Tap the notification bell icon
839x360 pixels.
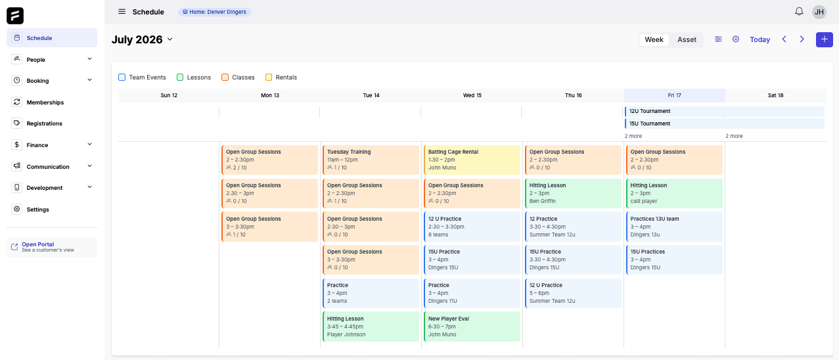click(799, 12)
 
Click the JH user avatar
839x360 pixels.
click(819, 12)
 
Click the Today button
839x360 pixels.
click(760, 39)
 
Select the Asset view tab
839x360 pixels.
click(687, 39)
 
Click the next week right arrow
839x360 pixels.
click(802, 39)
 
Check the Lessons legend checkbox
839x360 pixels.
click(180, 77)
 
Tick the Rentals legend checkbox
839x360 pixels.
click(269, 77)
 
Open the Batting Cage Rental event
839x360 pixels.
click(472, 160)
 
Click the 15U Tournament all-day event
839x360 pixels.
click(725, 124)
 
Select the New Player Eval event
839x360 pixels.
click(472, 326)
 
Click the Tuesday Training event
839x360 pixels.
click(371, 160)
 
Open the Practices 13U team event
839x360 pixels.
click(674, 227)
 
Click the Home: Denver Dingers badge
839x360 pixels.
click(214, 12)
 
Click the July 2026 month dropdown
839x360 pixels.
click(142, 39)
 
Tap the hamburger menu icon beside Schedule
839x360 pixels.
click(122, 12)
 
